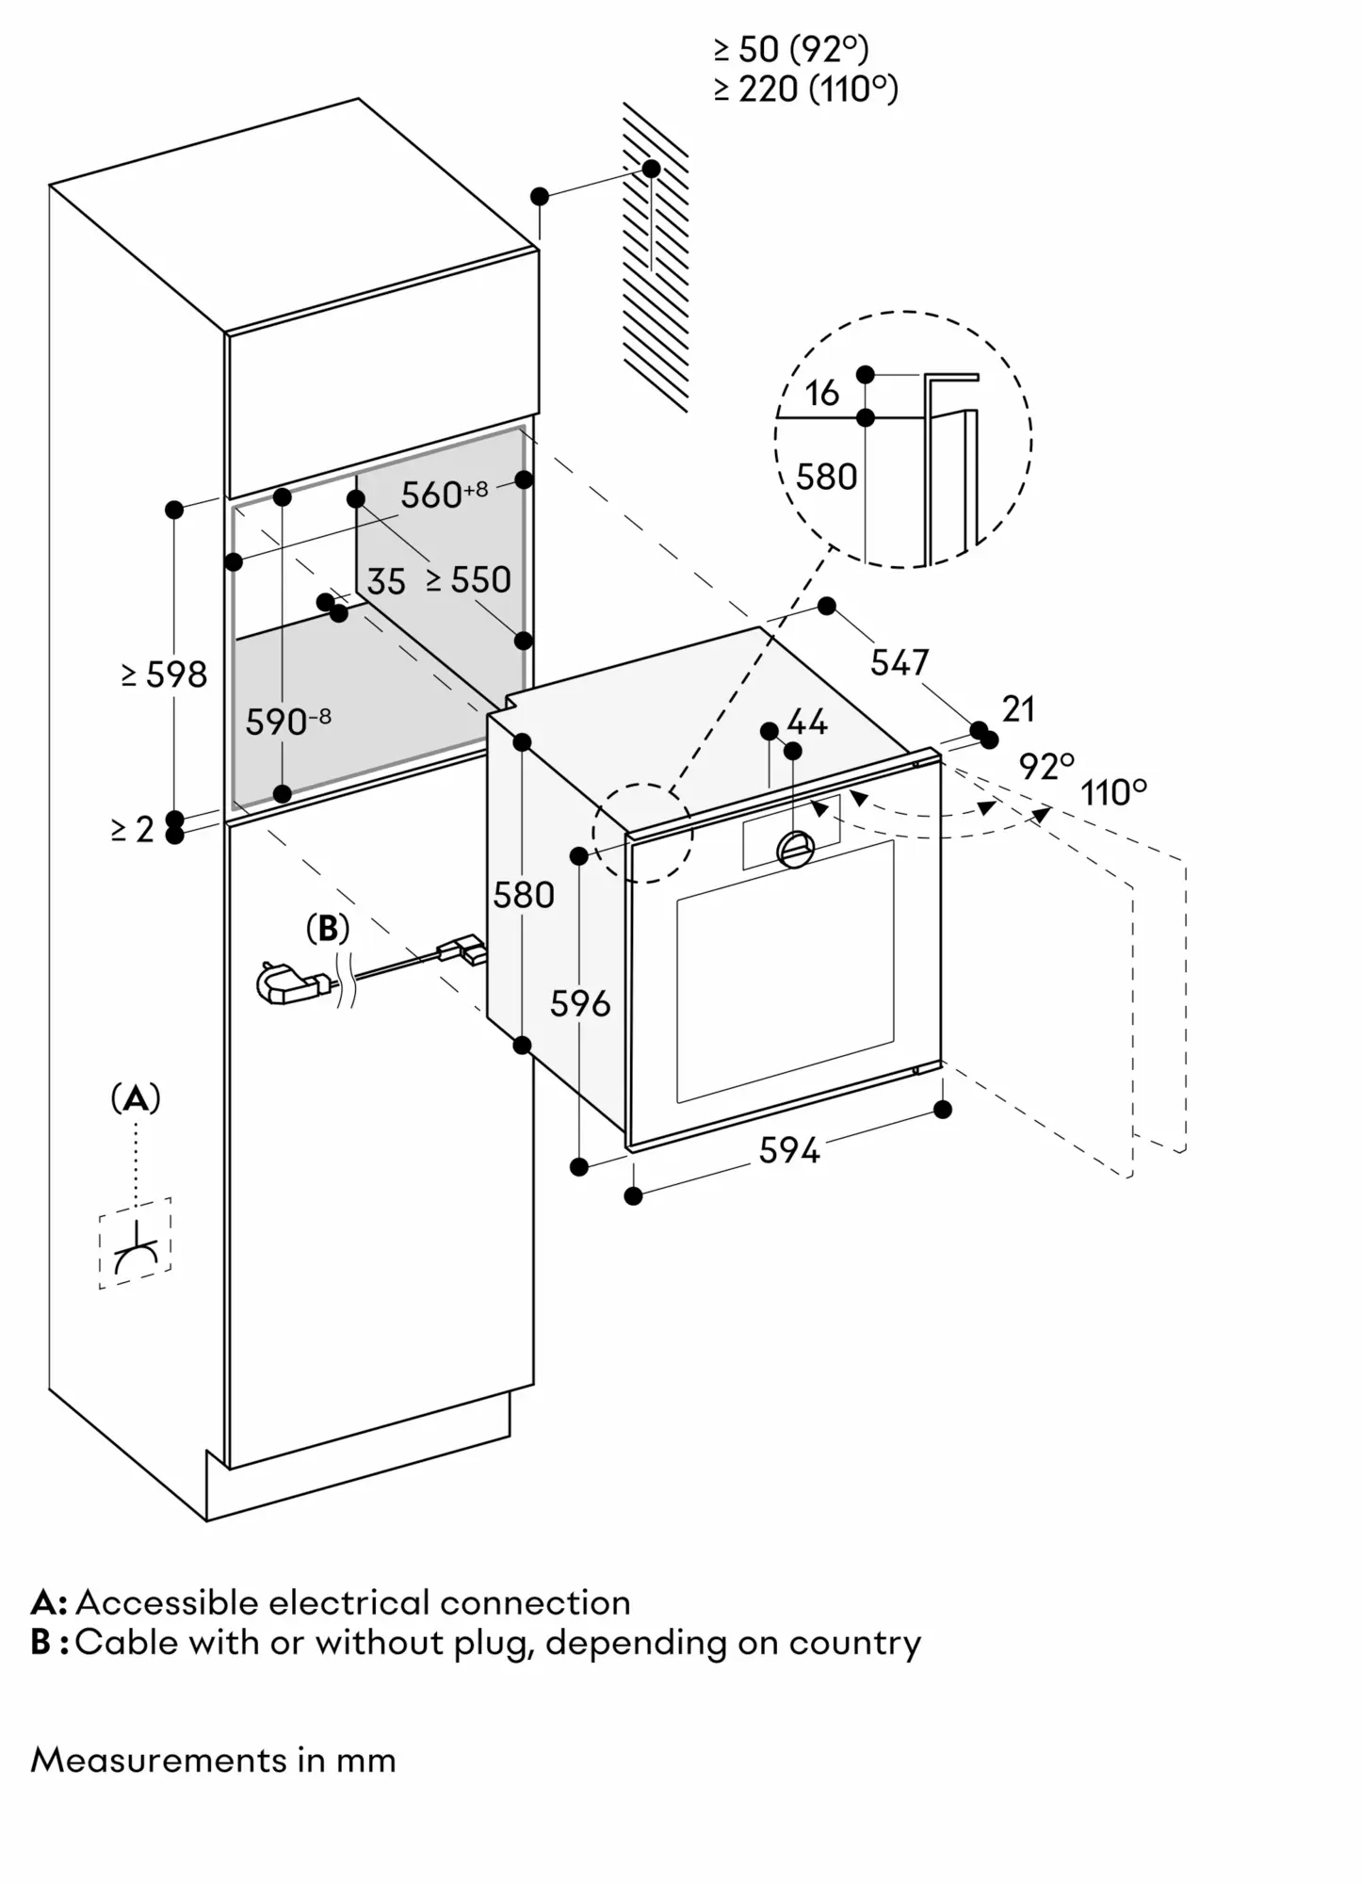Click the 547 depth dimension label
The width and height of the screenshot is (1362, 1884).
(899, 663)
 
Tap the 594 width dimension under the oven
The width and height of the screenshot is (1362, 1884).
(789, 1150)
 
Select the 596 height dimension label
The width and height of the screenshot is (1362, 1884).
(580, 1004)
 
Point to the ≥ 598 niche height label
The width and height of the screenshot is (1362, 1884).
(164, 674)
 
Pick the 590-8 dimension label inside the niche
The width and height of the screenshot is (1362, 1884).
(287, 723)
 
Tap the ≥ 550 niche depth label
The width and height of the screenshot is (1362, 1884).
(468, 580)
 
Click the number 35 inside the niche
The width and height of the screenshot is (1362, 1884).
(385, 582)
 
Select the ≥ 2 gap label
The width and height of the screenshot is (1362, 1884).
(132, 830)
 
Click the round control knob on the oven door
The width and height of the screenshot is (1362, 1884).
(796, 849)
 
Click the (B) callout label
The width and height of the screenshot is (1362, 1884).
(328, 929)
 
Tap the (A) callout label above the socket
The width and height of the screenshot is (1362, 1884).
(136, 1097)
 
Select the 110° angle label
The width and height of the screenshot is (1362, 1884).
(1113, 792)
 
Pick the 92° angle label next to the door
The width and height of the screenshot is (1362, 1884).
(1046, 767)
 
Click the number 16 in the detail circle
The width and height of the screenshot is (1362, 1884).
(821, 394)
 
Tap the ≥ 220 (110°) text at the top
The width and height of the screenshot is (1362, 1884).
(805, 89)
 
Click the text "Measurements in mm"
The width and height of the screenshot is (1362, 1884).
(213, 1760)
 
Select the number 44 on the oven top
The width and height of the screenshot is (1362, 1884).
(807, 723)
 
